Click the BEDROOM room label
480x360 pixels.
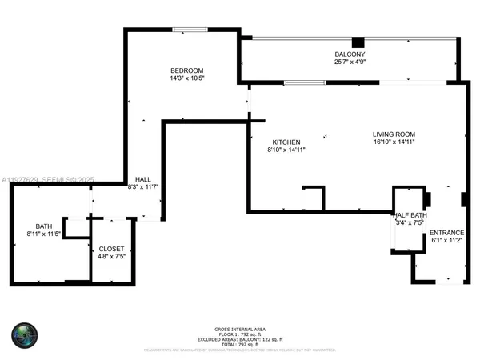point(185,70)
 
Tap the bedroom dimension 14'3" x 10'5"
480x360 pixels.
point(185,78)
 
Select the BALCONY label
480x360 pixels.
point(350,54)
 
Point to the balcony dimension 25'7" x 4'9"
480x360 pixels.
point(350,62)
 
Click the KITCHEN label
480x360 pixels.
point(286,142)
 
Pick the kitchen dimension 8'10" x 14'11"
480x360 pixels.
point(286,150)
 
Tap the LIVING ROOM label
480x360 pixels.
point(394,134)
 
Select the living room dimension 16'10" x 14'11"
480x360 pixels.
point(394,142)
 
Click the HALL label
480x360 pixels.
point(143,179)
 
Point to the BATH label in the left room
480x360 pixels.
point(43,226)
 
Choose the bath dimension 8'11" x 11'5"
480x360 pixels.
point(43,234)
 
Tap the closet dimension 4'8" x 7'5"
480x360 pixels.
point(111,258)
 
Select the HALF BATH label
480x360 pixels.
point(410,215)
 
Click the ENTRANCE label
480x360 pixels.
point(447,232)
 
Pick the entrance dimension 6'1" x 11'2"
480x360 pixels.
point(447,240)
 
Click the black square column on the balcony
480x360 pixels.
point(358,42)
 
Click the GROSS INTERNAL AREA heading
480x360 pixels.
point(239,329)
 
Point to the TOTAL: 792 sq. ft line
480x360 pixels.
point(239,342)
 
